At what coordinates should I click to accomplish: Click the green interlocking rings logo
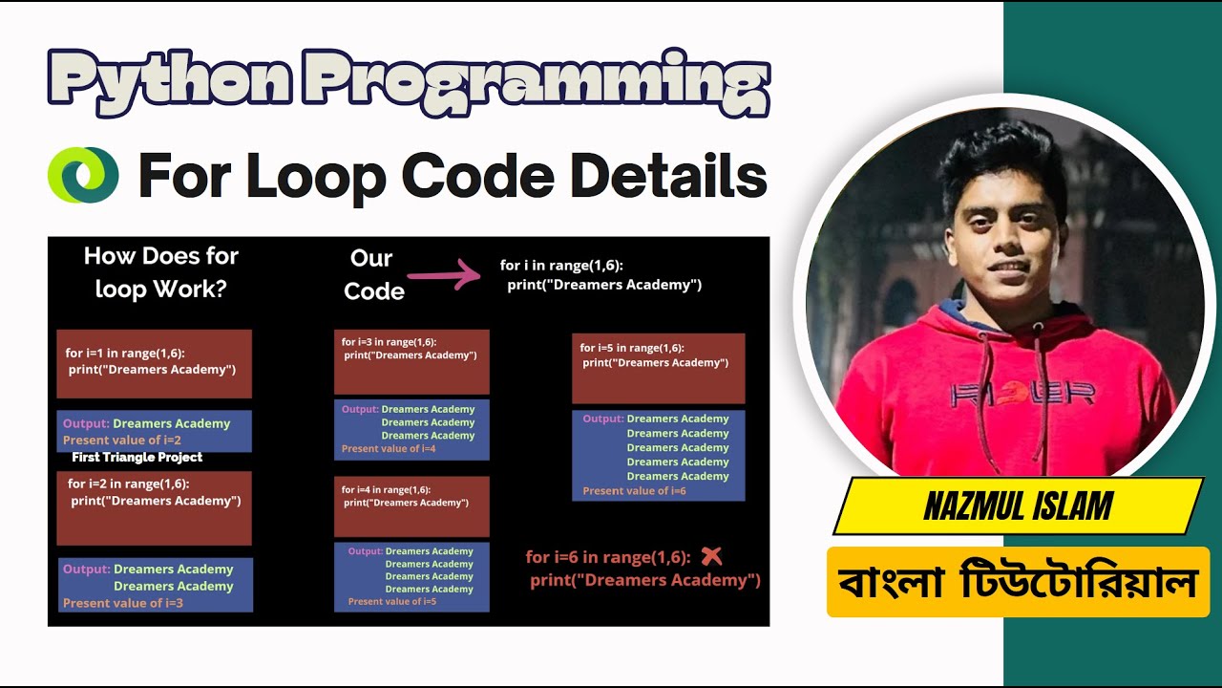(83, 175)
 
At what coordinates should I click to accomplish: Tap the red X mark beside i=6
(711, 556)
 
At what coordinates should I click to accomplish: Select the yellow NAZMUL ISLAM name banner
(1018, 506)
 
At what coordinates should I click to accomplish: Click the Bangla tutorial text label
(1018, 582)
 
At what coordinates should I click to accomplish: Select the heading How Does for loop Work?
(160, 272)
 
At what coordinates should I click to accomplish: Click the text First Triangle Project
(137, 458)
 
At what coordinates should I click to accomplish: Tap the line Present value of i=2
(122, 441)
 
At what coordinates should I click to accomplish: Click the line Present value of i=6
(634, 491)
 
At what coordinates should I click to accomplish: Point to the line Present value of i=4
(389, 449)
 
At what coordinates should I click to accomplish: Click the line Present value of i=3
(123, 603)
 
